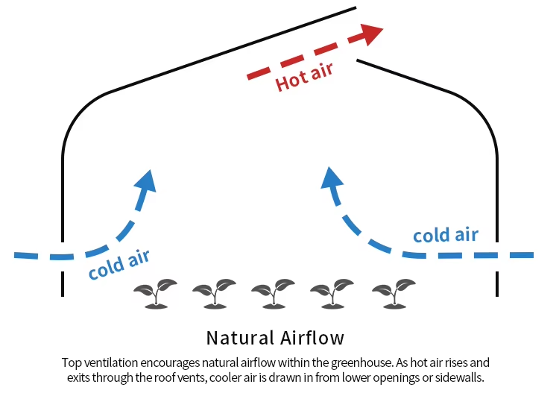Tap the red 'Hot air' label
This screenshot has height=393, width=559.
[x=304, y=75]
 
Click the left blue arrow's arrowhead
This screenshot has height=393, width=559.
[x=148, y=181]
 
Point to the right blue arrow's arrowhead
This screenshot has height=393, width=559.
[x=330, y=177]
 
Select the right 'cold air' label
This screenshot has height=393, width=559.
[x=446, y=236]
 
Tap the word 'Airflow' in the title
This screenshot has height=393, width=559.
[x=313, y=337]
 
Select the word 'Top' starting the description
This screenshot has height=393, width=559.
[x=71, y=363]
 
